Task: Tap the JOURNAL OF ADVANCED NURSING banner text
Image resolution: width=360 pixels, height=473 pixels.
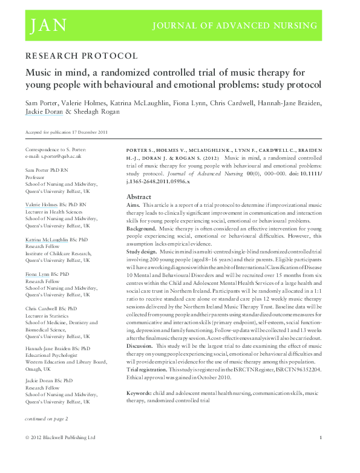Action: click(x=236, y=26)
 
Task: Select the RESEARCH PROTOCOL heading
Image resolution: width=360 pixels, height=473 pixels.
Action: click(x=81, y=56)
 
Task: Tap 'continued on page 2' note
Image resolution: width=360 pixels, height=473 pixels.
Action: click(x=46, y=419)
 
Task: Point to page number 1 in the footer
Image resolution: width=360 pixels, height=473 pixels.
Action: click(x=321, y=437)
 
